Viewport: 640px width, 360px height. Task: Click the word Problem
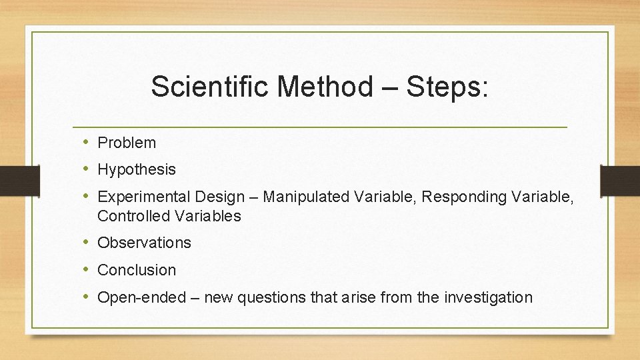pyautogui.click(x=127, y=143)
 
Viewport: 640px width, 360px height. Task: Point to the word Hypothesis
pyautogui.click(x=137, y=169)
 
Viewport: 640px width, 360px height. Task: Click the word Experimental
pyautogui.click(x=144, y=197)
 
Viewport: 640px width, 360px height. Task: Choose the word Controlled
pyautogui.click(x=133, y=216)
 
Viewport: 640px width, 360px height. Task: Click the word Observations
pyautogui.click(x=144, y=243)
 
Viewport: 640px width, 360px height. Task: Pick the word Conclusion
pyautogui.click(x=137, y=270)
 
